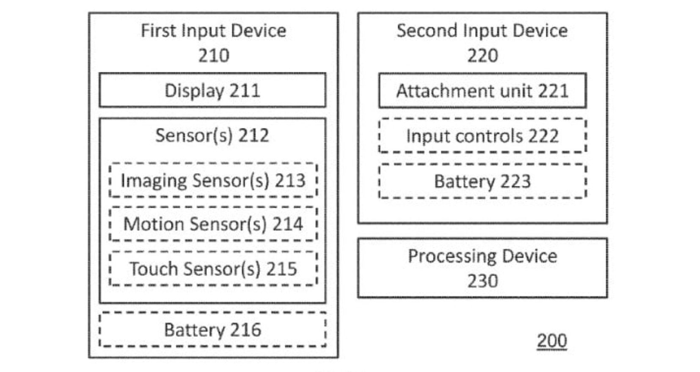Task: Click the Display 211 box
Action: point(212,90)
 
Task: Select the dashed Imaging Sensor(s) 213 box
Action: point(212,180)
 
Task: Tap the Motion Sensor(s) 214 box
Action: point(212,224)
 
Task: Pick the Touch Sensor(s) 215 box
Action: point(212,269)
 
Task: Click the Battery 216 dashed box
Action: point(212,330)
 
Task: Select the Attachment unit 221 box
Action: point(482,91)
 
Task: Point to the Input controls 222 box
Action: point(482,136)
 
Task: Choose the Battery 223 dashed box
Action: point(482,181)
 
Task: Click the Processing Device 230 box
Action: point(482,268)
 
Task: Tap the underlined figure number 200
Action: point(551,340)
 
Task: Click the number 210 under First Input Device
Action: point(214,56)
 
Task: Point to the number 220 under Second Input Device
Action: point(482,56)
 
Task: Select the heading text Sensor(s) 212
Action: point(212,136)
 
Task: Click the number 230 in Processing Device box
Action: point(482,281)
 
